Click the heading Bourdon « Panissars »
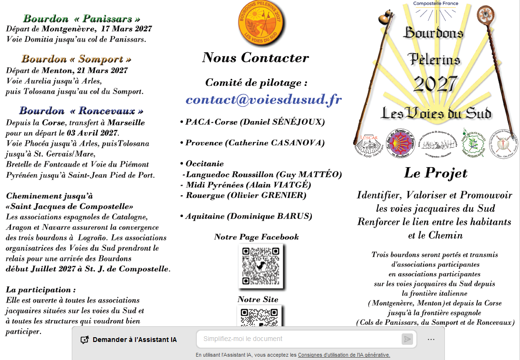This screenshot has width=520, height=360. pos(82,19)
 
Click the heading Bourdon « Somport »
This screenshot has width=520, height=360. pos(76,59)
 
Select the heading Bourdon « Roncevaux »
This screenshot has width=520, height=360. pos(81,111)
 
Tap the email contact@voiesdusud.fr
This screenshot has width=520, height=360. pos(263,100)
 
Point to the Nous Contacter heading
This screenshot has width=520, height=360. pos(255,58)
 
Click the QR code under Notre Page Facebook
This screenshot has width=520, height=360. pos(260,266)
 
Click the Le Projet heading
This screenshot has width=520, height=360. pos(435,173)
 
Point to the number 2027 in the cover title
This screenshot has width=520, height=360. pos(435,84)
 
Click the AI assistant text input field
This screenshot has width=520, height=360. pos(299,339)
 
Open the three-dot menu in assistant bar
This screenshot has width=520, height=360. pos(431,339)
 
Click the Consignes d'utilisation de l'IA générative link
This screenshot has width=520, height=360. pos(344,355)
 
